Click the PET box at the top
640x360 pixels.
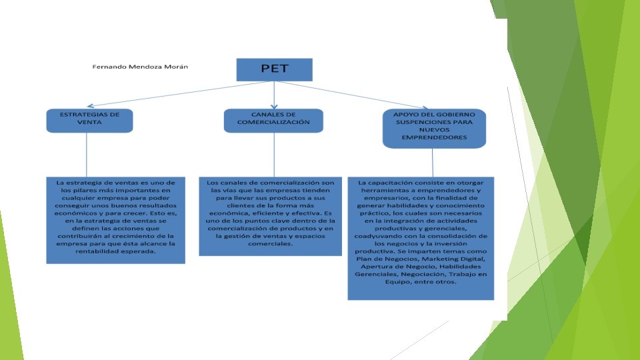point(274,69)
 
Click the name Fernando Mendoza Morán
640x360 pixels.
point(143,67)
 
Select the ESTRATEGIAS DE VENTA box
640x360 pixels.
point(89,120)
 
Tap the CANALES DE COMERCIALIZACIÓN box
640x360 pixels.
point(274,120)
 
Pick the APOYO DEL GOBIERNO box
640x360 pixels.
point(434,128)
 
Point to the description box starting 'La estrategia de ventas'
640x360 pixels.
point(115,220)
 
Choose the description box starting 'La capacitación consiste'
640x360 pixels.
point(421,238)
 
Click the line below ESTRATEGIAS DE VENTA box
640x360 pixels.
point(86,155)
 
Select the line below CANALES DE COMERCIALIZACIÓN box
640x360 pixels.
point(274,155)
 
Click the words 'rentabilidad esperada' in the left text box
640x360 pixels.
point(116,253)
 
